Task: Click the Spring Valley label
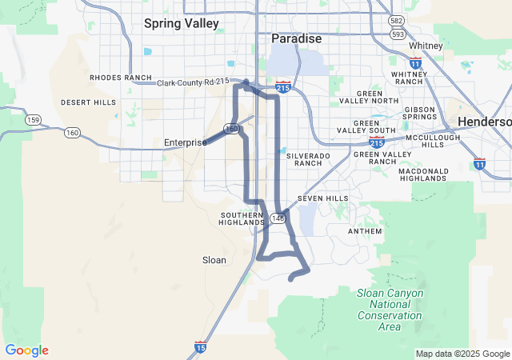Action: point(181,23)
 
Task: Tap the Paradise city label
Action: point(296,38)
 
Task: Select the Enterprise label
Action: point(185,142)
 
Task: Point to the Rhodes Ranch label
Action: point(121,78)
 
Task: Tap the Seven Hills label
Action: point(322,198)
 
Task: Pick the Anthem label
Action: point(366,231)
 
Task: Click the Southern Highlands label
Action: point(241,219)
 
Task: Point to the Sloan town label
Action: point(214,260)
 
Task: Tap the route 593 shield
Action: point(397,35)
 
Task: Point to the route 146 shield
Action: point(277,218)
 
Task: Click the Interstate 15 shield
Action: point(200,347)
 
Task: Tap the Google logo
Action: point(27,350)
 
